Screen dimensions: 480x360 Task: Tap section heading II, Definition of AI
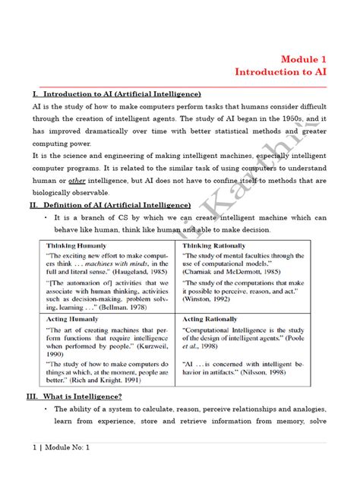click(x=110, y=205)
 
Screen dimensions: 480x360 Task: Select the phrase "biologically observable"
click(x=70, y=193)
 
